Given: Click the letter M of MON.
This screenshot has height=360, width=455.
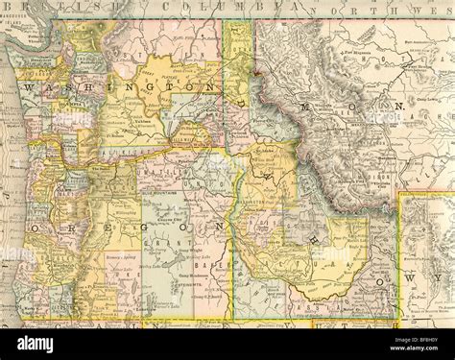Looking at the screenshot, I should (310, 108).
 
